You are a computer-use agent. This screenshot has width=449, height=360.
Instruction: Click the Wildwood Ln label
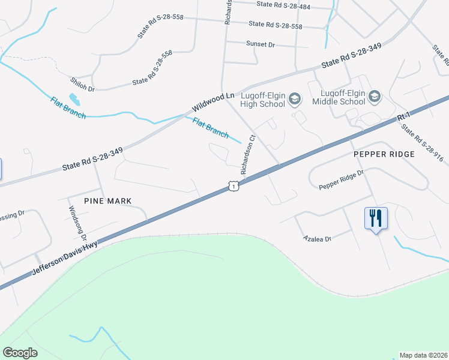[x=213, y=103]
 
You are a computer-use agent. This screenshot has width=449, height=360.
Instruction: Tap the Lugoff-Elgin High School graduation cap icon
[x=294, y=98]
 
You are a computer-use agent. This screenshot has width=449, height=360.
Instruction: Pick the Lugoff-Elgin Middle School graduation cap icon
[x=375, y=97]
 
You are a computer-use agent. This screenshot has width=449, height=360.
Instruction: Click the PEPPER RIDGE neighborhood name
[x=384, y=154]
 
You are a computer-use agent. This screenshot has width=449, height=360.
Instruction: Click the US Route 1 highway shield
[x=233, y=187]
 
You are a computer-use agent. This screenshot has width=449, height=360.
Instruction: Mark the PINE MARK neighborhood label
[x=107, y=200]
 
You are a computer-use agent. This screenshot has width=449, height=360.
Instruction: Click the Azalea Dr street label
[x=318, y=239]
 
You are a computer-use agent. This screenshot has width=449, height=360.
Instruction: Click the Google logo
[x=20, y=352]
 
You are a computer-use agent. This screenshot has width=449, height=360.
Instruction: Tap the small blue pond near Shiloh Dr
[x=74, y=98]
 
